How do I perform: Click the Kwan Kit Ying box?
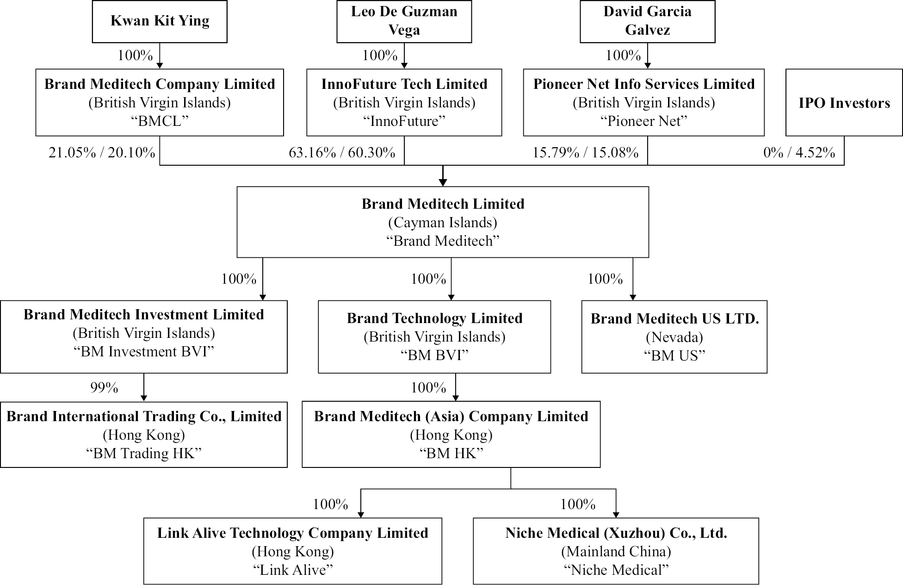click(x=160, y=21)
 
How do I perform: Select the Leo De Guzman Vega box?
click(x=404, y=21)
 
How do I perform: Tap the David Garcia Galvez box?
click(x=647, y=21)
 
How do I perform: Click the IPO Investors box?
click(x=844, y=103)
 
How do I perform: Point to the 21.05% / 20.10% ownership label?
click(x=102, y=152)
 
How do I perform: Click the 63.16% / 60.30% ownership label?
click(x=342, y=152)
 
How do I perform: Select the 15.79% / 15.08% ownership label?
click(x=585, y=152)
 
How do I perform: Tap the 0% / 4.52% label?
click(x=799, y=152)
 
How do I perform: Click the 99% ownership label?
click(x=104, y=387)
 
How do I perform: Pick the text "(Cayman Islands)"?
click(x=443, y=223)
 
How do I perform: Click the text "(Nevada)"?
click(x=674, y=337)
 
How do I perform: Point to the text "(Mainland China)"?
click(x=616, y=551)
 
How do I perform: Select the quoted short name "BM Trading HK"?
click(x=144, y=453)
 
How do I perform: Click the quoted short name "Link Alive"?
click(x=292, y=570)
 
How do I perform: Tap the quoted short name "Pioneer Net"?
click(x=643, y=121)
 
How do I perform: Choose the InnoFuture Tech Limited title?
click(x=404, y=84)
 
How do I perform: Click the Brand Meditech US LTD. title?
click(x=674, y=318)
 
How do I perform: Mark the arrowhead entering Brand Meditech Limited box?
click(x=443, y=183)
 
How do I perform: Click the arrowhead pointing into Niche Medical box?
click(x=616, y=514)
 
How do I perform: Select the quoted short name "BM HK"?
click(x=451, y=453)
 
